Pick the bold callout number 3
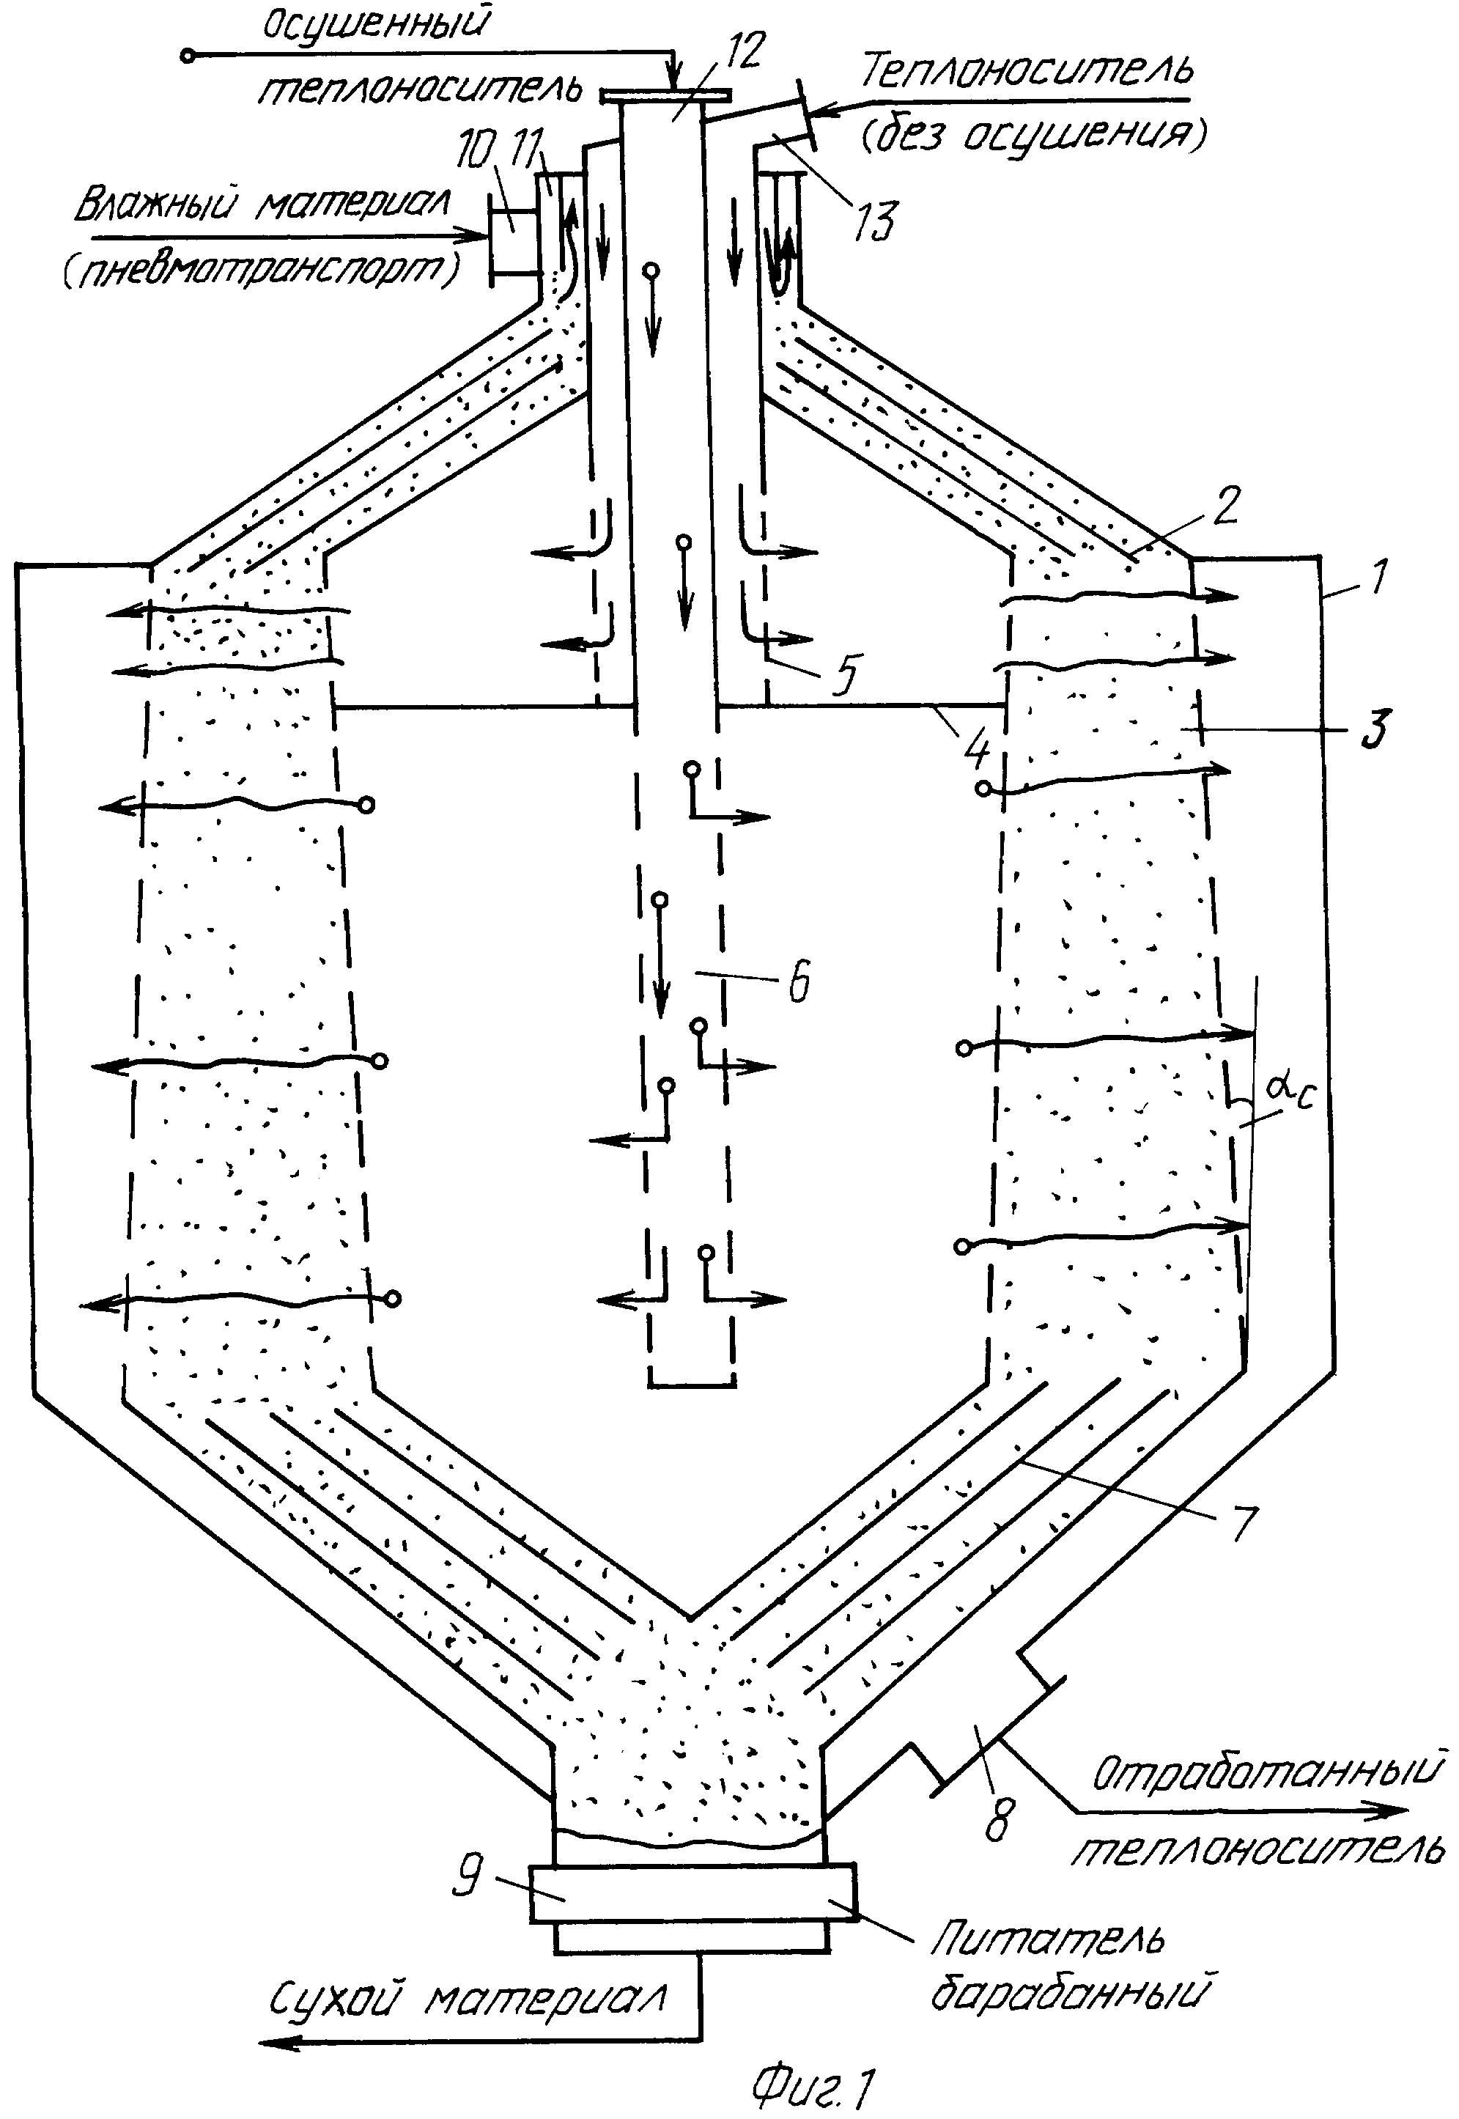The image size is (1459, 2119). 1373,728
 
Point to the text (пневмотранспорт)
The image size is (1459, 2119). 262,270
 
